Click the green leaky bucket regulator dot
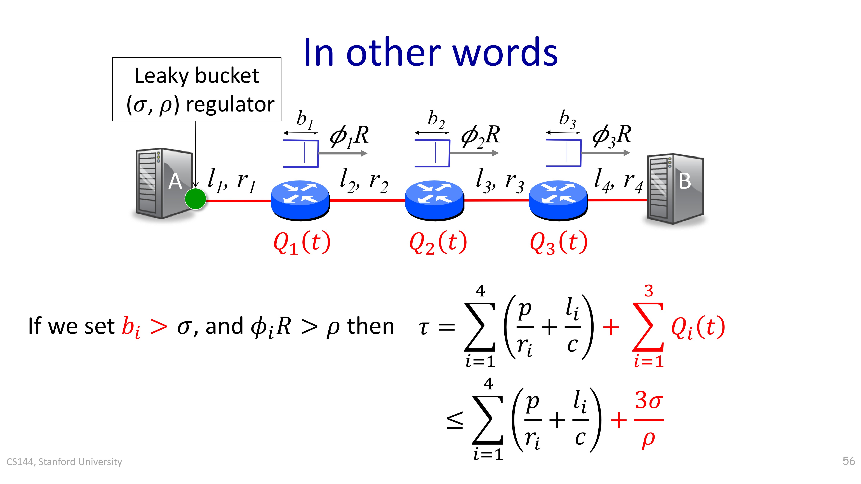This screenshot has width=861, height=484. pyautogui.click(x=195, y=199)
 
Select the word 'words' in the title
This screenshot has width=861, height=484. pyautogui.click(x=505, y=53)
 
